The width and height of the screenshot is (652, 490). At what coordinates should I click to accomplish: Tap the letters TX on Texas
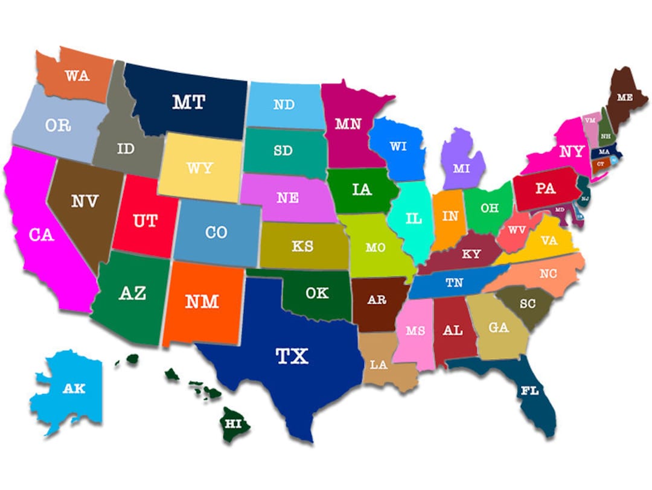[x=292, y=356]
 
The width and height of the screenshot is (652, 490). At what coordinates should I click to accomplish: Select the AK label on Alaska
[x=74, y=389]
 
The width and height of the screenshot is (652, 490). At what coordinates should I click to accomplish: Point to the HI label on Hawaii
[x=233, y=423]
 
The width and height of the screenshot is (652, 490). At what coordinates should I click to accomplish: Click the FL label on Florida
[x=529, y=391]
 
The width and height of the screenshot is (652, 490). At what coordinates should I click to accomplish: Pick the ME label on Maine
[x=625, y=97]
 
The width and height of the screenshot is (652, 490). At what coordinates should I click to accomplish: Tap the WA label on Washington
[x=77, y=76]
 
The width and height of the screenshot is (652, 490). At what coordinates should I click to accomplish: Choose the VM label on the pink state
[x=590, y=121]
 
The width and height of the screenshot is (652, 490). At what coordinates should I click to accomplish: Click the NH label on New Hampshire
[x=605, y=136]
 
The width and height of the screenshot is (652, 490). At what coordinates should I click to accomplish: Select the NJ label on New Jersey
[x=585, y=198]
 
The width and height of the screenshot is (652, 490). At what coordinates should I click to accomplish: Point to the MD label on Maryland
[x=560, y=209]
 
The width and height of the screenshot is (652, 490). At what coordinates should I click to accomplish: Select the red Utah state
[x=145, y=221]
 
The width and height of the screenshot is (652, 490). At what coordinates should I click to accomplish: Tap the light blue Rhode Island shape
[x=614, y=160]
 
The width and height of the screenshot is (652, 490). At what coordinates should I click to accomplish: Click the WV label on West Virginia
[x=517, y=230]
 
